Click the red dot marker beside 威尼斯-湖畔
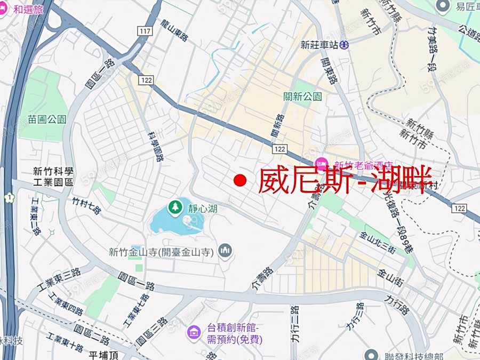click(x=240, y=181)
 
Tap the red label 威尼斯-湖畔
click(x=345, y=181)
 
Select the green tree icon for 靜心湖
click(x=174, y=206)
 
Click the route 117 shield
click(x=144, y=31)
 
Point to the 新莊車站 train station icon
click(x=345, y=45)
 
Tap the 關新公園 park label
click(x=302, y=97)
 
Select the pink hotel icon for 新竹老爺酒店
click(x=321, y=163)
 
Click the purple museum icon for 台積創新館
click(x=193, y=333)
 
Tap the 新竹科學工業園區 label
click(x=53, y=176)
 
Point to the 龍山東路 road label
click(x=175, y=30)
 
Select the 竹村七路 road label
click(x=86, y=206)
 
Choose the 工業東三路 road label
click(x=60, y=279)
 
